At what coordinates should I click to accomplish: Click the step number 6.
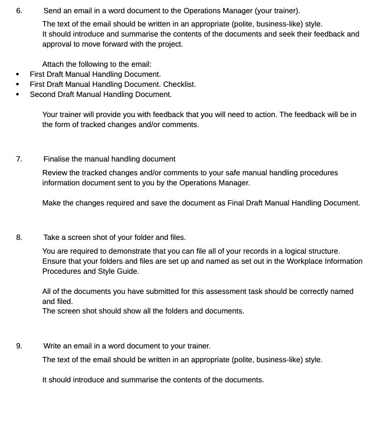point(19,11)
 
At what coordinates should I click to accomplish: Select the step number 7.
point(19,159)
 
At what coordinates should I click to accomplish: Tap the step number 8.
point(19,237)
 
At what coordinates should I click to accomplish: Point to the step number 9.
point(19,346)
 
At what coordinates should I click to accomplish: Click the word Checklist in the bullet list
point(179,84)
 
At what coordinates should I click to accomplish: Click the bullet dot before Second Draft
point(18,95)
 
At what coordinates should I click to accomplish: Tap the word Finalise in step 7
point(56,159)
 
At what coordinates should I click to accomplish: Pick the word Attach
point(54,64)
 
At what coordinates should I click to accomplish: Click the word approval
point(57,44)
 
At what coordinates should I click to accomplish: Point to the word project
point(170,44)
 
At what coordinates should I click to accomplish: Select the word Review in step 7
point(55,173)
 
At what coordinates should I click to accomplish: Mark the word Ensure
point(55,261)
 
